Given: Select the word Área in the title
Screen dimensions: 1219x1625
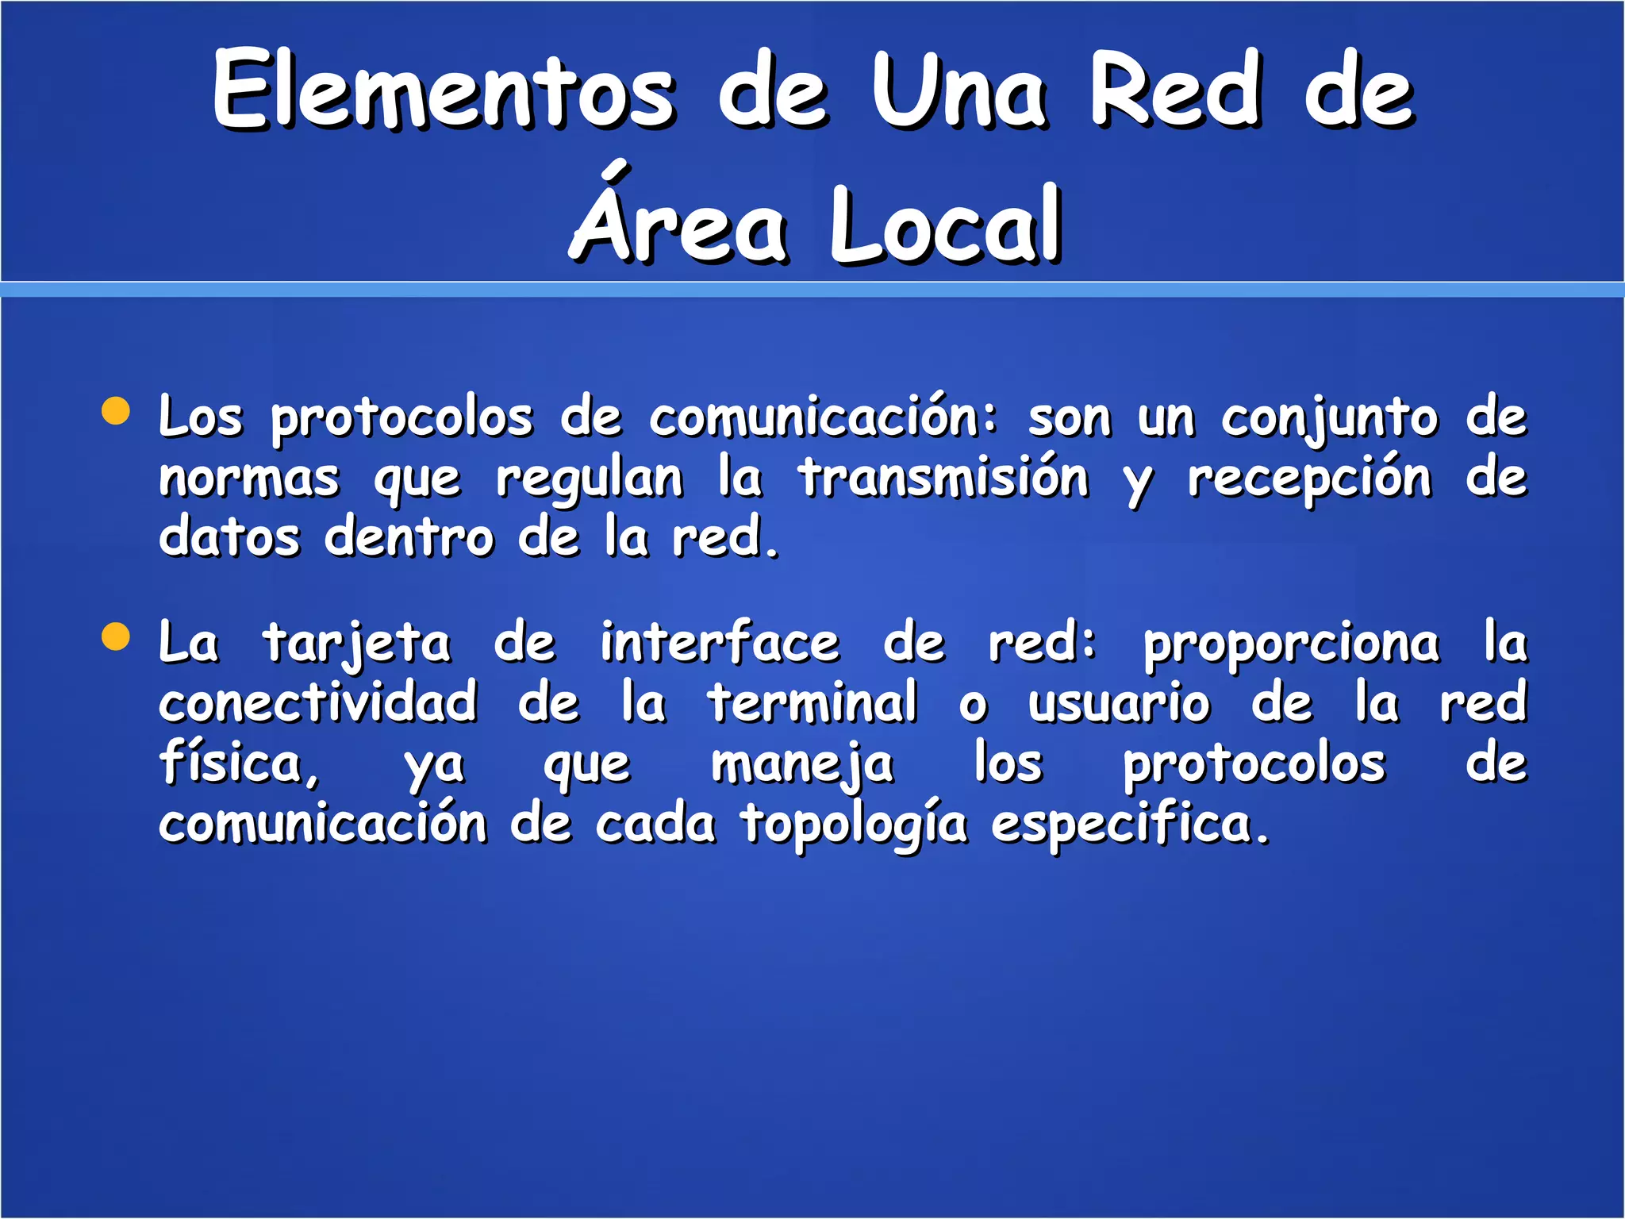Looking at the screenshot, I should pos(679,222).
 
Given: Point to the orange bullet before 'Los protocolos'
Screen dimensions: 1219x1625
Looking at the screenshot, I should pos(117,411).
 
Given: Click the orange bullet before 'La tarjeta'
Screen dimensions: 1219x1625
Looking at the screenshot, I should pos(117,636).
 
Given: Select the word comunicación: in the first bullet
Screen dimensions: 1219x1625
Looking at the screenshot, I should pos(822,417).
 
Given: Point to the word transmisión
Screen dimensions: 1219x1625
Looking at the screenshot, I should pos(943,478).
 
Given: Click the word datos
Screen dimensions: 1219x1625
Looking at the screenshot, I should pos(229,537).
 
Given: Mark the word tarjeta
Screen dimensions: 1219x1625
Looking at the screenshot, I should pos(357,644).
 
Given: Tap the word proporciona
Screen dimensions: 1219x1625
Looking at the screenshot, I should pos(1291,644).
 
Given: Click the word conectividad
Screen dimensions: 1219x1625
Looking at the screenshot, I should pos(318,702).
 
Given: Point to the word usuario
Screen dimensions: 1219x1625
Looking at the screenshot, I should pos(1119,703).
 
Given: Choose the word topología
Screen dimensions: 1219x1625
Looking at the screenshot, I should pos(855,825).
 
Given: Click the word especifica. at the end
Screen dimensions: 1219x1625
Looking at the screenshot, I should pos(1130,825).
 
